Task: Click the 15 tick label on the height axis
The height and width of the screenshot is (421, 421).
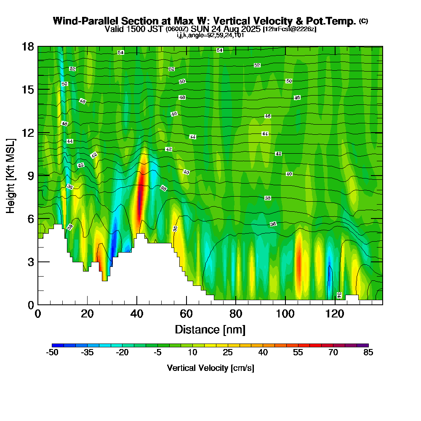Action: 28,90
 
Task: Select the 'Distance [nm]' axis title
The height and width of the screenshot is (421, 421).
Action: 210,329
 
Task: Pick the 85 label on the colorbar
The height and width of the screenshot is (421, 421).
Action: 368,353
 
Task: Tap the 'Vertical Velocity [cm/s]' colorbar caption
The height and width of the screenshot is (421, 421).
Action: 210,368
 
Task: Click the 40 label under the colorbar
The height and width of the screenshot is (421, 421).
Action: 263,353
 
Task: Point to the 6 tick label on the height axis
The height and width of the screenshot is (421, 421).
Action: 30,218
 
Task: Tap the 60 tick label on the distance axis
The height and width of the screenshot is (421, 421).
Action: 186,314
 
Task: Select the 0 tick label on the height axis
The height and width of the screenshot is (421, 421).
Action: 30,305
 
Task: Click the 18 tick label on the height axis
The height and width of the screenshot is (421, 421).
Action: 28,47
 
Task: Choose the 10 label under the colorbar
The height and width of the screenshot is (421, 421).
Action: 192,353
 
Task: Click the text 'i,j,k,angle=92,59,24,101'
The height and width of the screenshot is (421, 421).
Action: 210,35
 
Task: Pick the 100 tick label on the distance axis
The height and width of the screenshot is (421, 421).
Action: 285,314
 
